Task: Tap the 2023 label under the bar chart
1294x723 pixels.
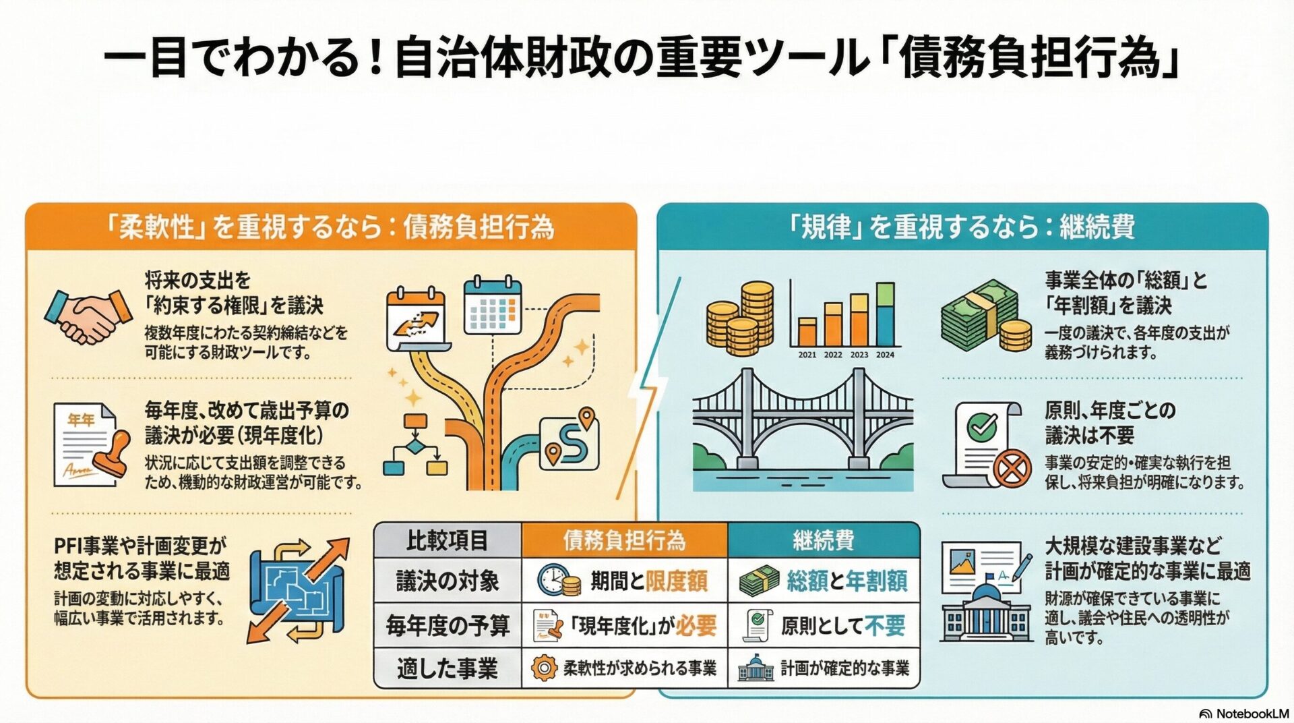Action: [859, 355]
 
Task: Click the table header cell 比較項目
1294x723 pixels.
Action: [447, 540]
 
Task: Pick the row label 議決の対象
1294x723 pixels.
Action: [447, 581]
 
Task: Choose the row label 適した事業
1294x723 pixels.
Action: [447, 668]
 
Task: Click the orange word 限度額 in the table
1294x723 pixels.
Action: [677, 581]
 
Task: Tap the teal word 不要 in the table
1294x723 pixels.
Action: [885, 626]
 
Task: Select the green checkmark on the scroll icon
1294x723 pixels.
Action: [982, 426]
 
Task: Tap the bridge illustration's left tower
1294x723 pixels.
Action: [746, 418]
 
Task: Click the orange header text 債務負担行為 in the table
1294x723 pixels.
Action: [624, 540]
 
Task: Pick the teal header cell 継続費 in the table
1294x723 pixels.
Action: [823, 540]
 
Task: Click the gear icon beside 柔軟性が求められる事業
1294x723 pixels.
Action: [543, 668]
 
